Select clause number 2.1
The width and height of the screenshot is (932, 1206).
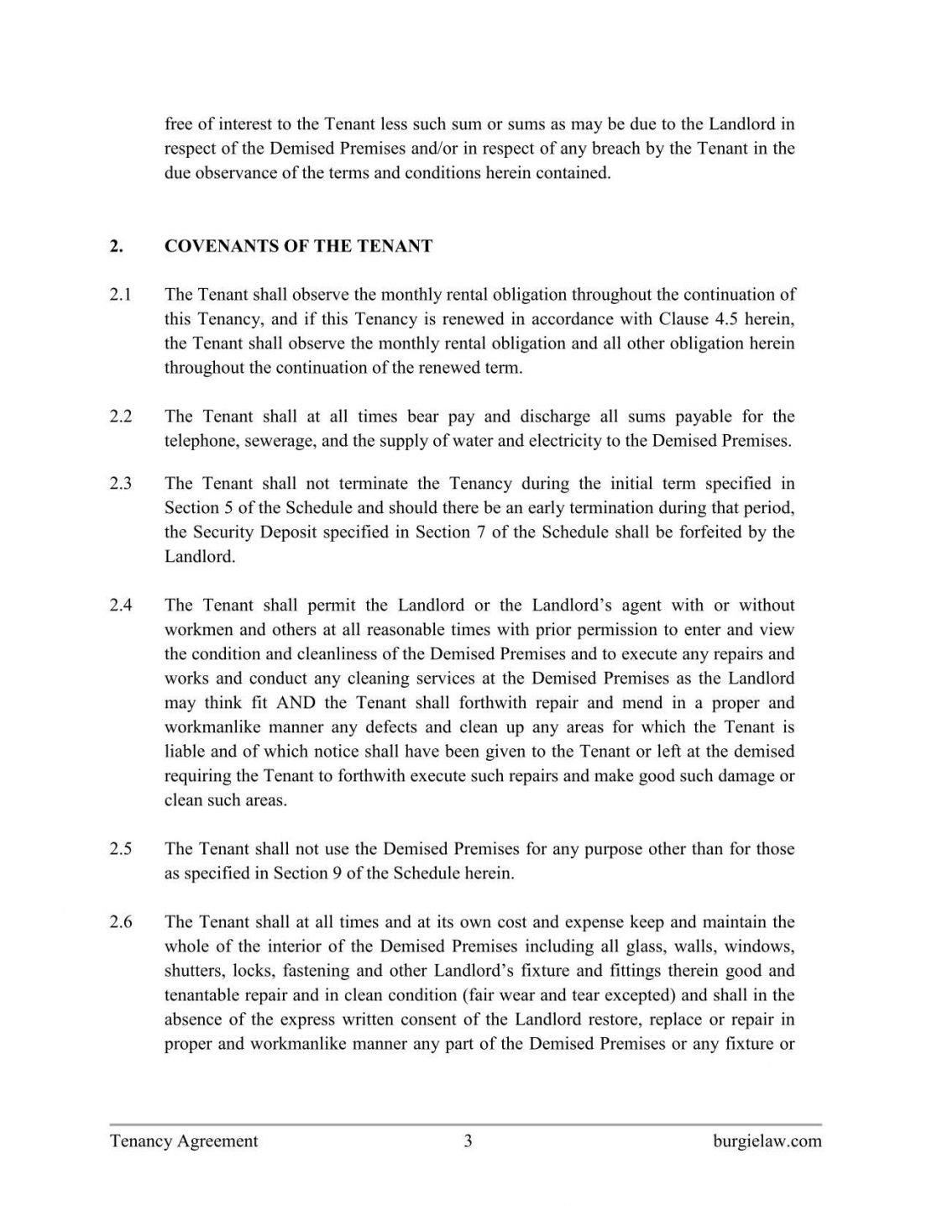tap(120, 295)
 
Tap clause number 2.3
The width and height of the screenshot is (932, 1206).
tap(120, 484)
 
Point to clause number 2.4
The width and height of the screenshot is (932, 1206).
tap(120, 606)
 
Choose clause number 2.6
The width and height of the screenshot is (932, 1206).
tap(120, 923)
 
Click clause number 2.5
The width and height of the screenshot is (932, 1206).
tap(120, 849)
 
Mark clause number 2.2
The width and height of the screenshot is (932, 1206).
tap(120, 417)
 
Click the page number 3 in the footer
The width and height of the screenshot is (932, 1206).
tap(468, 1141)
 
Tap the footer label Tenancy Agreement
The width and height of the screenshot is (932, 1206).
tap(184, 1141)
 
